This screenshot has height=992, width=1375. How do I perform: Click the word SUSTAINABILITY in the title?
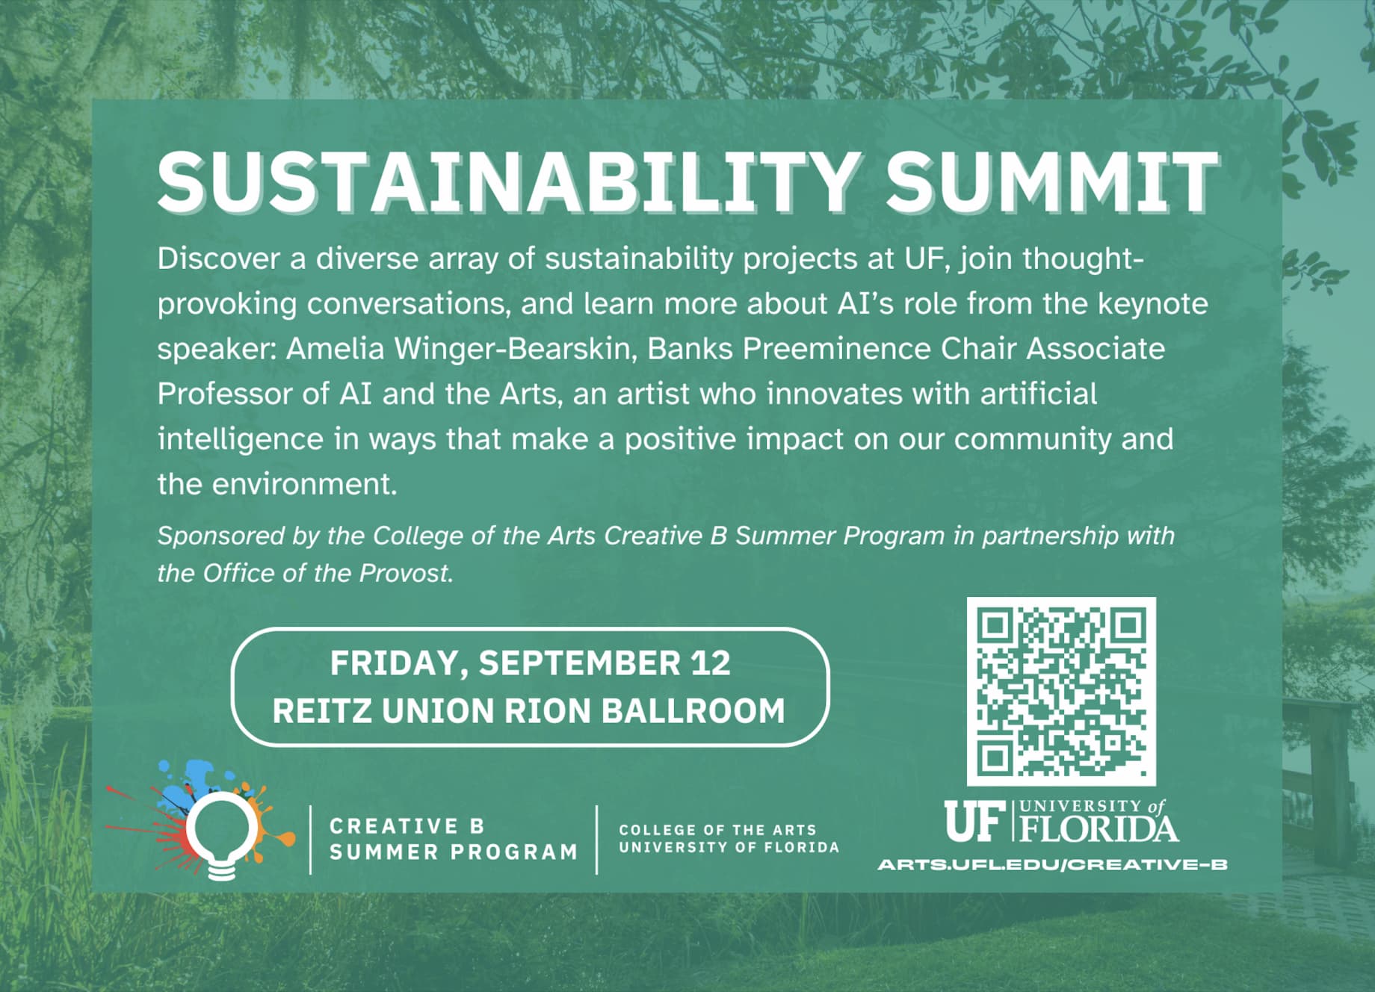click(x=508, y=182)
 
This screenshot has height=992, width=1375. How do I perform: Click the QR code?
click(x=1061, y=691)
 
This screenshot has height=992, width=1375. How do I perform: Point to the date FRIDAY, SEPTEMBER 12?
click(x=530, y=663)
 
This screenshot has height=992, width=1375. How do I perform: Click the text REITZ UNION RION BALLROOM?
click(x=529, y=710)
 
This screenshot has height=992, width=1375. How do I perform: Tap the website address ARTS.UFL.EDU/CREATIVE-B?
click(x=1053, y=864)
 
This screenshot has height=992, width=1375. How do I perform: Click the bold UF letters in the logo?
click(x=973, y=821)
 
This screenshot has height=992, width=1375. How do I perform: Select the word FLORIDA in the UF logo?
click(x=1100, y=829)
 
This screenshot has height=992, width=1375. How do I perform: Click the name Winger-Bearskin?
click(x=516, y=349)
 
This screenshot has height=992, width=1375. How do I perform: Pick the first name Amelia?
click(x=335, y=349)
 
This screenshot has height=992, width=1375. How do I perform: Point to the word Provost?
click(x=407, y=573)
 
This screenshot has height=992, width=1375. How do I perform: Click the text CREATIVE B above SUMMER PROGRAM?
click(x=407, y=826)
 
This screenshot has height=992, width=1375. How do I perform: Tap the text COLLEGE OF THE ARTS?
click(x=717, y=830)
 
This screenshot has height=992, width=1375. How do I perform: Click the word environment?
click(x=304, y=485)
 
